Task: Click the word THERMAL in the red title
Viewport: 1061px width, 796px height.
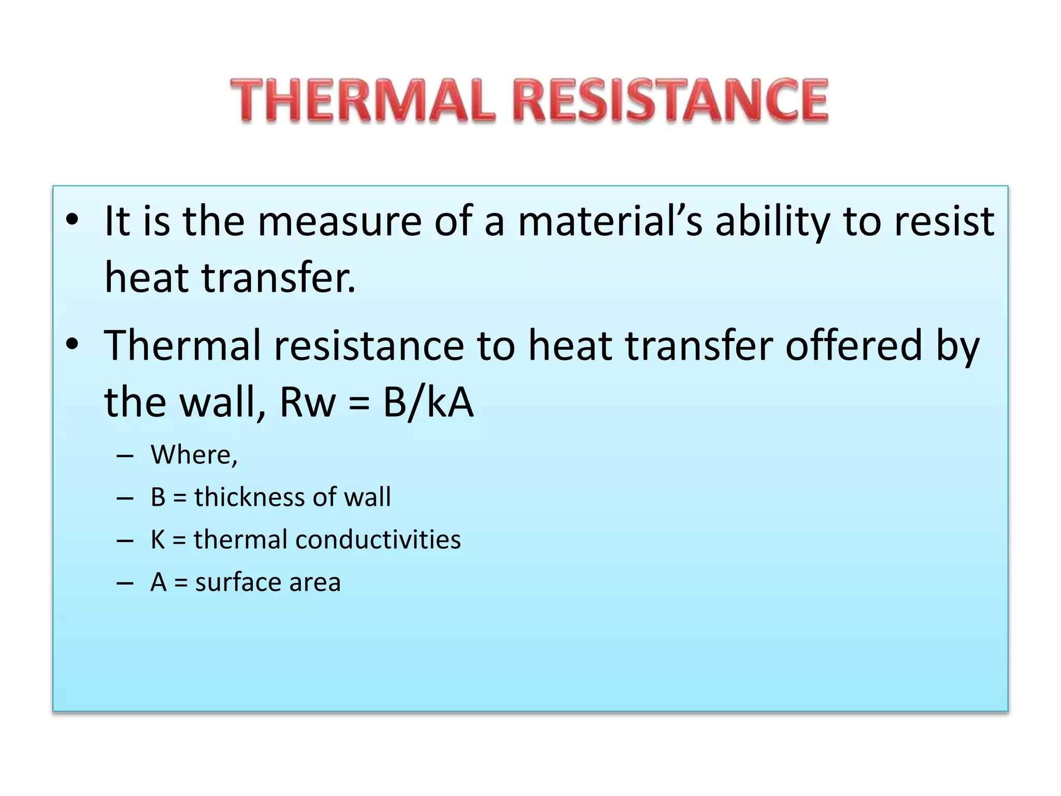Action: click(363, 101)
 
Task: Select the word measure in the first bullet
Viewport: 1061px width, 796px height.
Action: click(339, 222)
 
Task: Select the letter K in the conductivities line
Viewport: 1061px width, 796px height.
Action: click(157, 539)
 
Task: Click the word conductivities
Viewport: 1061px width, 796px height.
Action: click(378, 539)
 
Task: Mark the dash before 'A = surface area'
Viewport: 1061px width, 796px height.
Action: click(125, 583)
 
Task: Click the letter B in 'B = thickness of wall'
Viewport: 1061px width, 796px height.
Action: click(157, 497)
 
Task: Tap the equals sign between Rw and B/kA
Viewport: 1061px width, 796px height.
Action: click(359, 403)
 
